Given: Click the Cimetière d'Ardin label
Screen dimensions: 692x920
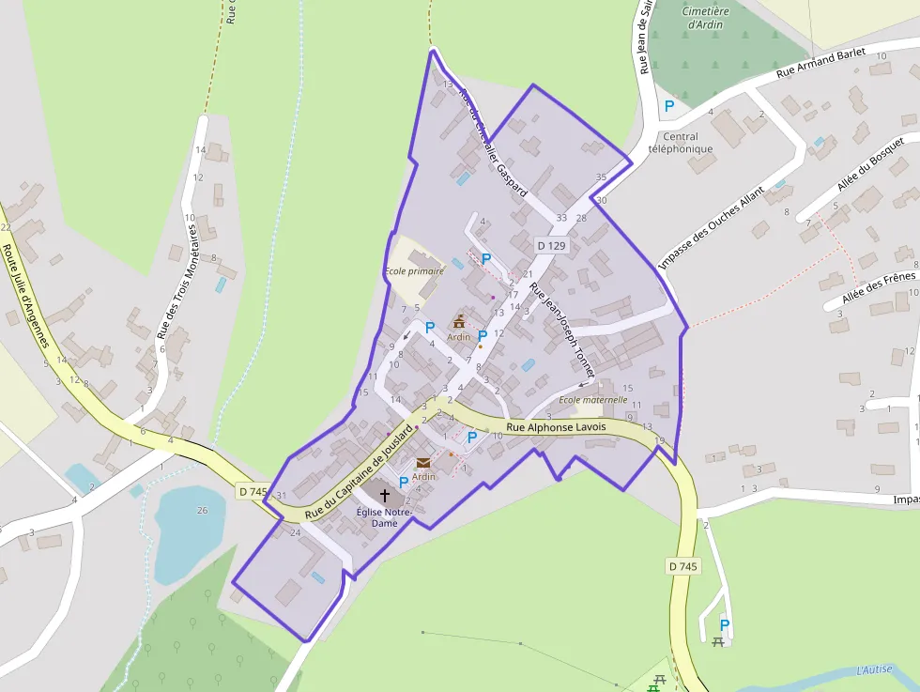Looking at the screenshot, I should (705, 18).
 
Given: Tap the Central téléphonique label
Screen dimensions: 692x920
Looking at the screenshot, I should (681, 143).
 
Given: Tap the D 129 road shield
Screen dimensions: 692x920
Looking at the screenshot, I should (552, 246).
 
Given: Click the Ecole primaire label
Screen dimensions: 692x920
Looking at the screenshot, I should (414, 271).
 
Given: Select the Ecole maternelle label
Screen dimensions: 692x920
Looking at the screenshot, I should (592, 399).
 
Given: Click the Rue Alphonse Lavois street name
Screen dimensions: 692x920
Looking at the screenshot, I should (556, 427).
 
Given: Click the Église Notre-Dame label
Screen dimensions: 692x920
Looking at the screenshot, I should (384, 517).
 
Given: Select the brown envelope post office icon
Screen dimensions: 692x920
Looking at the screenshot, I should (423, 463).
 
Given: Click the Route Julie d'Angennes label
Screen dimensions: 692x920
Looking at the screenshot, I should (26, 295).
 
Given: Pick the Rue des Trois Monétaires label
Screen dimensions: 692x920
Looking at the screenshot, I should (178, 277).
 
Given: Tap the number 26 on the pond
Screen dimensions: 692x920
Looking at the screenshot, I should (202, 510).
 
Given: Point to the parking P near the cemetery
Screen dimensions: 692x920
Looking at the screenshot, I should (669, 106).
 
